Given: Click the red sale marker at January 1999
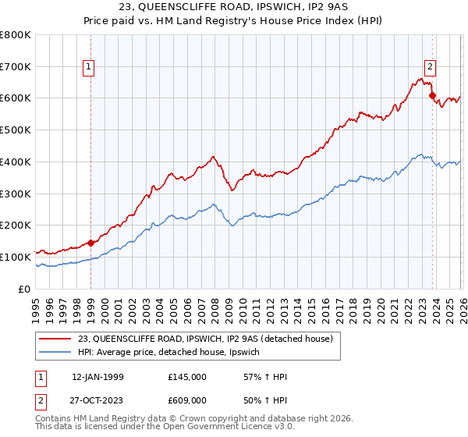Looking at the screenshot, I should tap(90, 243).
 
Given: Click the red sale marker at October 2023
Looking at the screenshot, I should tap(432, 95).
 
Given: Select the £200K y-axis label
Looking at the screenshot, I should tap(16, 226).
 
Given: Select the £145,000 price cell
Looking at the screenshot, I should tap(186, 377).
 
